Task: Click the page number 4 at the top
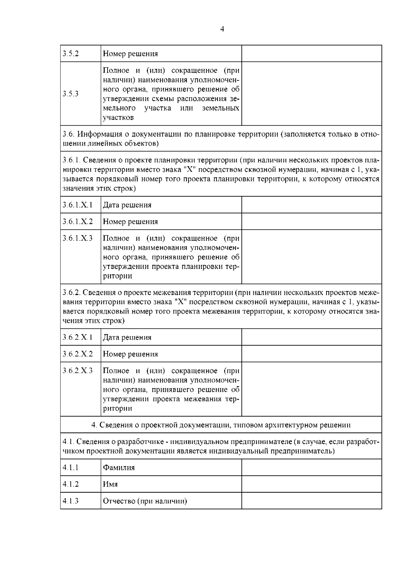click(222, 29)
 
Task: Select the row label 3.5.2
click(71, 54)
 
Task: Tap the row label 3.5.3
click(71, 94)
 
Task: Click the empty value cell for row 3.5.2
click(312, 54)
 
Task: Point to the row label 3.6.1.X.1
click(77, 205)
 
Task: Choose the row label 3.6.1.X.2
click(77, 222)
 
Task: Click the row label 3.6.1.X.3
click(77, 238)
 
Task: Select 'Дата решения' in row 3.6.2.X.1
click(127, 338)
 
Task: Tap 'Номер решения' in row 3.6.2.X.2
click(130, 354)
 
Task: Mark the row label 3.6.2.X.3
click(77, 371)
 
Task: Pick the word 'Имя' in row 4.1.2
click(110, 484)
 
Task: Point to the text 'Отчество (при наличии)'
click(145, 501)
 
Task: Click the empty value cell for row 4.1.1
click(312, 468)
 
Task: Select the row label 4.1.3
click(71, 501)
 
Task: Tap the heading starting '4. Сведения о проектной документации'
click(221, 425)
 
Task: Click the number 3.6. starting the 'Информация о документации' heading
click(68, 134)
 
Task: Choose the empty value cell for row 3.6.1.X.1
click(312, 205)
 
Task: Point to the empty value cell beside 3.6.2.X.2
click(312, 354)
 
